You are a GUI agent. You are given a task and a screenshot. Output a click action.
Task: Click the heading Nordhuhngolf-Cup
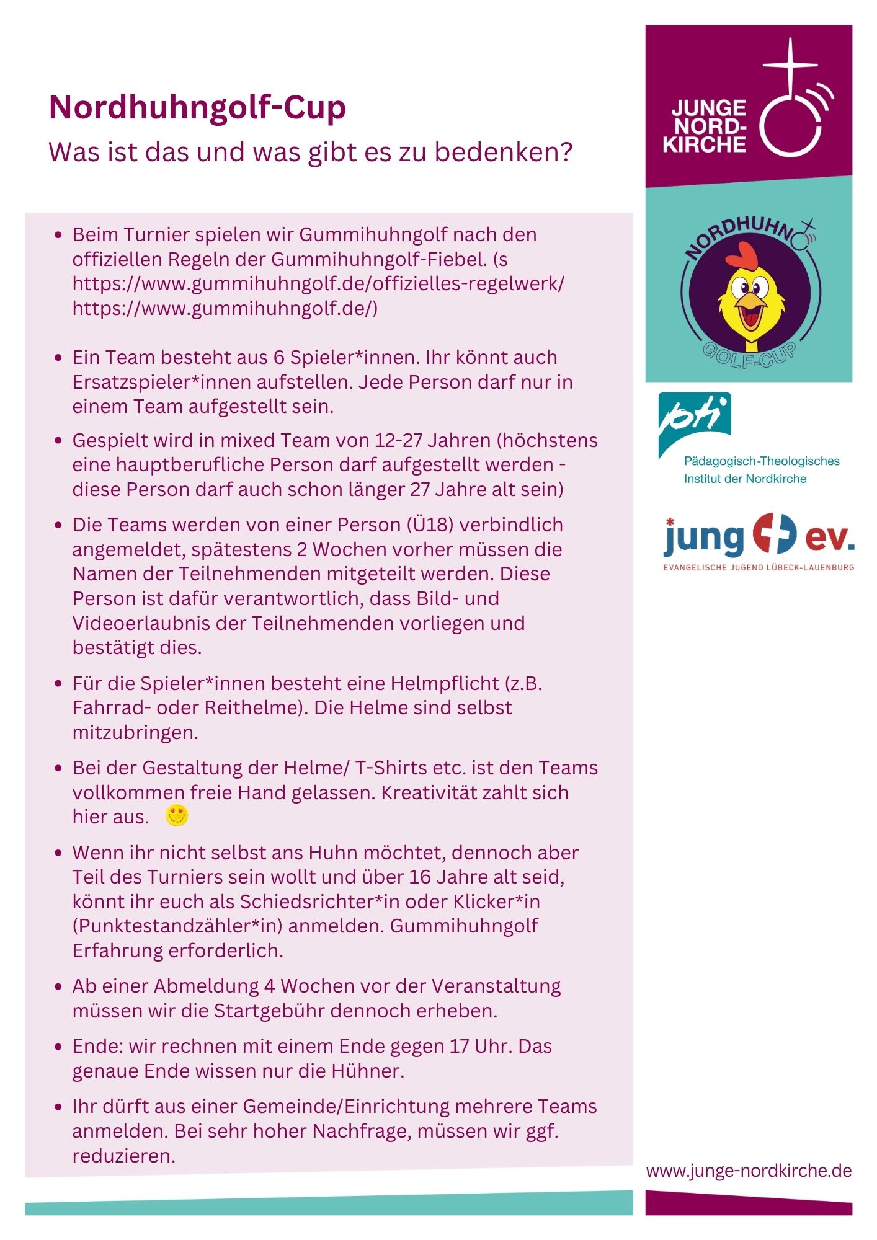[197, 107]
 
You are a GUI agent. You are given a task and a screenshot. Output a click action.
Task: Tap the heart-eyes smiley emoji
[177, 815]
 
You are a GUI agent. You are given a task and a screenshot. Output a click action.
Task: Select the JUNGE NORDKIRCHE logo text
[706, 126]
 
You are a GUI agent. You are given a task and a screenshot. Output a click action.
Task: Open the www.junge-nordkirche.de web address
[749, 1171]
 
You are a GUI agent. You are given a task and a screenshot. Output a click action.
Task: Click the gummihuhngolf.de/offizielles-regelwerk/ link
[318, 283]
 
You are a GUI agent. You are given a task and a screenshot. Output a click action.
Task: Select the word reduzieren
[124, 1156]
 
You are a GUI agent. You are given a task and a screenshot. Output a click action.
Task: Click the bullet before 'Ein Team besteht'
[58, 358]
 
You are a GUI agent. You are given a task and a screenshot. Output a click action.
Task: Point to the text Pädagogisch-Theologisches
[762, 461]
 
